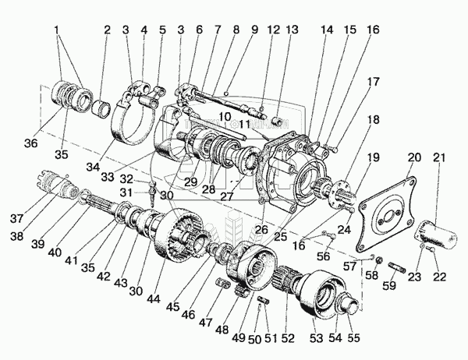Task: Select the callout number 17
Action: (374, 80)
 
